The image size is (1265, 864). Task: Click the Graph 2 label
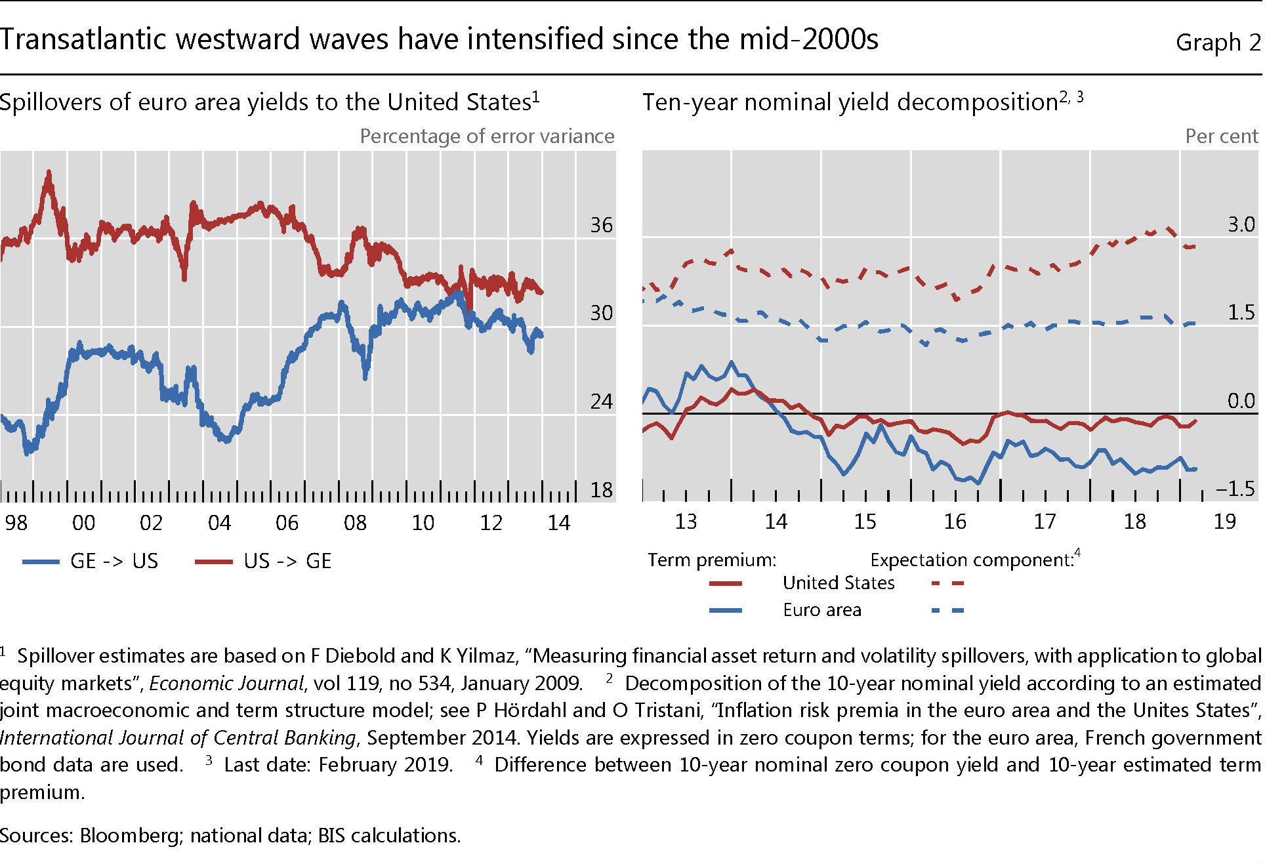(x=1217, y=42)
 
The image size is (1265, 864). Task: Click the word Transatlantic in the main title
(x=83, y=39)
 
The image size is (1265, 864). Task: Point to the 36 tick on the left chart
(x=601, y=225)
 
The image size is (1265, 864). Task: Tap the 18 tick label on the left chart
(x=601, y=490)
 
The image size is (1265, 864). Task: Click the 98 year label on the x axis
(x=16, y=523)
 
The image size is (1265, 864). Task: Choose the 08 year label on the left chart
(x=355, y=523)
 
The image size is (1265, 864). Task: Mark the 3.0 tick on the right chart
(x=1241, y=224)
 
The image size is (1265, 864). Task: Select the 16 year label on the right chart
(x=955, y=522)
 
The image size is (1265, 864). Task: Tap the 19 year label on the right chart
(x=1224, y=522)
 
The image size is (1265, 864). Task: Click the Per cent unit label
(x=1221, y=136)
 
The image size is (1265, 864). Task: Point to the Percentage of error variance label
(x=487, y=136)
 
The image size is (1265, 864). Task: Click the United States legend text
(x=839, y=583)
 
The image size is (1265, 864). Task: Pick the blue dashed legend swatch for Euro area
(x=947, y=611)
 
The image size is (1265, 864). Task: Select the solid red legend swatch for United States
(x=726, y=583)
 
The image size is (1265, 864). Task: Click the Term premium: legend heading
(x=712, y=560)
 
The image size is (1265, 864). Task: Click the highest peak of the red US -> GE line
(x=49, y=173)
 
